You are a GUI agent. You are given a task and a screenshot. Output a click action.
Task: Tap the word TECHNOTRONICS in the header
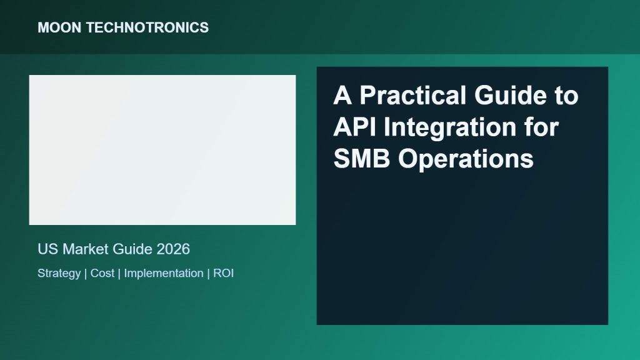point(147,27)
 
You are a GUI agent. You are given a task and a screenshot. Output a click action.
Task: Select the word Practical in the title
point(412,96)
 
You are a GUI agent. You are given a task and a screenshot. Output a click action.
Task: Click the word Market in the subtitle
point(85,249)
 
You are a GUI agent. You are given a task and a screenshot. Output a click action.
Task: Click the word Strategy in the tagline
point(59,274)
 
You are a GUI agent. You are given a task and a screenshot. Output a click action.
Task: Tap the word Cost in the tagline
point(102,273)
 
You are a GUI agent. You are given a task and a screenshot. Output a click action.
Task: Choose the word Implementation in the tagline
point(164,274)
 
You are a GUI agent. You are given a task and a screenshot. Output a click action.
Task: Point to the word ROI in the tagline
point(223,273)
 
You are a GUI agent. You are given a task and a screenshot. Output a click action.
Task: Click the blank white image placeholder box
point(162,150)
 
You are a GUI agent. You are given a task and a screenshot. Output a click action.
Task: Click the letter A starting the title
point(343,96)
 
